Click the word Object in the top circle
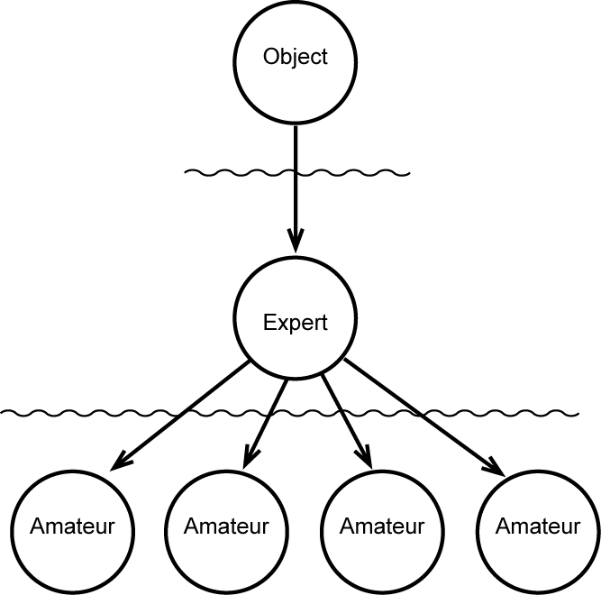[295, 57]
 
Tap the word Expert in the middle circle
[295, 323]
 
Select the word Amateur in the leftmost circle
[72, 526]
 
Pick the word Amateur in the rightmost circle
[538, 526]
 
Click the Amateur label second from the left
[226, 526]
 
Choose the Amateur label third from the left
[382, 526]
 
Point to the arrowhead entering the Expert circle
[295, 241]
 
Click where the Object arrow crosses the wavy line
[295, 171]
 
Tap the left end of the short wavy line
[186, 171]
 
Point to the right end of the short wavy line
[409, 171]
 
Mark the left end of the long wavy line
[3, 413]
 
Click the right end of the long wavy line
[577, 413]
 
